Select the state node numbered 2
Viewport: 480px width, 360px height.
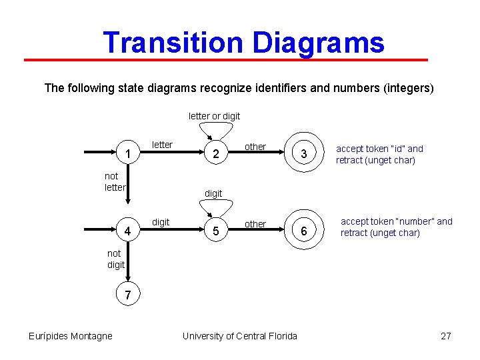point(215,155)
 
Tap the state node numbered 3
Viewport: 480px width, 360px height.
point(303,155)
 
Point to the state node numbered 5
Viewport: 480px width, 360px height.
point(215,232)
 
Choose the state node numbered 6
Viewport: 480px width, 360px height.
point(303,231)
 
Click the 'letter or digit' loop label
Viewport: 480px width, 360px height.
point(214,116)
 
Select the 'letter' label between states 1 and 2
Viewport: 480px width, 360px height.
point(163,145)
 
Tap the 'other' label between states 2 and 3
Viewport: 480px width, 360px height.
point(255,147)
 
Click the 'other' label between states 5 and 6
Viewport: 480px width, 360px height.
point(255,224)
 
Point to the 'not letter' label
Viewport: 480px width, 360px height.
point(115,182)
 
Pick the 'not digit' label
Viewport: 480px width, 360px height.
point(116,259)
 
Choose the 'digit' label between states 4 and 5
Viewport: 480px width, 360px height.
point(161,221)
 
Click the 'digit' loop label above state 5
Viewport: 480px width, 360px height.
point(213,193)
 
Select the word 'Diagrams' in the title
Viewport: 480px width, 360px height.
point(319,43)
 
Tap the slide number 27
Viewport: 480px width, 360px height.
point(446,336)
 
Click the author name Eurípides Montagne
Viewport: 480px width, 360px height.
point(71,336)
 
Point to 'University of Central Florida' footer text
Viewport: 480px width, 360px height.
point(240,336)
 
